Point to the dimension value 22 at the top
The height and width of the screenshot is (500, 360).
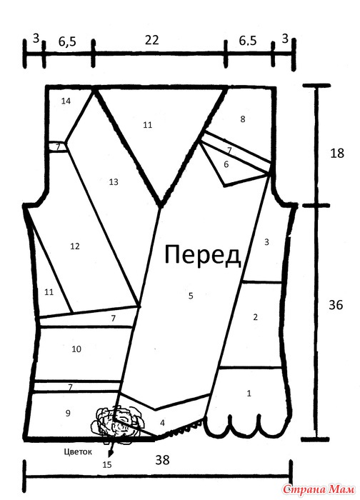pos(151,40)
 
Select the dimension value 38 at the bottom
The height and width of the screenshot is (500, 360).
pos(163,460)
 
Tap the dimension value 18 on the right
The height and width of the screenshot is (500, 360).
pos(337,154)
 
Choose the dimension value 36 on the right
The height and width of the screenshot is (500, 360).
pos(336,306)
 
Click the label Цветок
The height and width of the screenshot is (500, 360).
pos(78,451)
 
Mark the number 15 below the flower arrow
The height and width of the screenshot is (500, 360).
pos(107,464)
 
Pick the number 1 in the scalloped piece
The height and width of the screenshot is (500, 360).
pos(249,393)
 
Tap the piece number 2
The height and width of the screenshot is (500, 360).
pos(255,317)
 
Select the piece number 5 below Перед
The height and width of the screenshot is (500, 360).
pos(191,296)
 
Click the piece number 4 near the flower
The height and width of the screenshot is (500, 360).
pos(162,423)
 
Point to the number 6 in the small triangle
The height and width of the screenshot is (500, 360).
pos(226,164)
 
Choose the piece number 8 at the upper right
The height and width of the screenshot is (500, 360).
pos(243,119)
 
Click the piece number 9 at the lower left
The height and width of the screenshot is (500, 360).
pos(68,414)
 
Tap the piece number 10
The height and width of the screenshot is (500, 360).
pos(76,349)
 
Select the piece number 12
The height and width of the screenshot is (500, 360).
pos(74,246)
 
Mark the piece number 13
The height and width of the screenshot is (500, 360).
pos(114,182)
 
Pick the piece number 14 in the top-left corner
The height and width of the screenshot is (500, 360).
pos(66,101)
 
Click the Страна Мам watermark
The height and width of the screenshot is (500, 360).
pos(319,489)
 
